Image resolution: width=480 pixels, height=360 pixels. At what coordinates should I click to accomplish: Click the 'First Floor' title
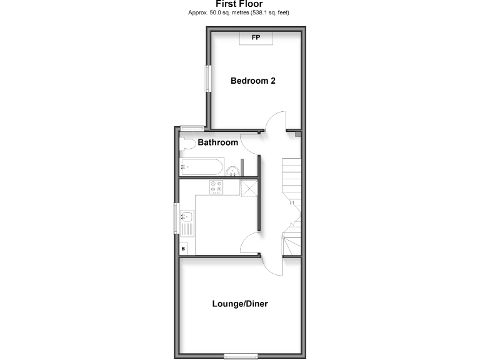pos(240,4)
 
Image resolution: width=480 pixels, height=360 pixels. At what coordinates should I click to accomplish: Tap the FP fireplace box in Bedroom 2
pos(255,37)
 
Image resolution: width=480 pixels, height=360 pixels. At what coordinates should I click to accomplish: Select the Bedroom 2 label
pos(253,81)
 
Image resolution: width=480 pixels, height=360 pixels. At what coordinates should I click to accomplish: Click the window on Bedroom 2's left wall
pos(207,78)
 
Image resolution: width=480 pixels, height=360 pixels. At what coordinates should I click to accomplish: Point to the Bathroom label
pos(218,142)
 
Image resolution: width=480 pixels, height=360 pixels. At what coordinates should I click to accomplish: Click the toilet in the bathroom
pos(187,145)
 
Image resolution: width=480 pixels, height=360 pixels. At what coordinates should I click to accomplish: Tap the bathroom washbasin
pos(232,171)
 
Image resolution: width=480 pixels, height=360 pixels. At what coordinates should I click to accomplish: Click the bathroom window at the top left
pos(189,128)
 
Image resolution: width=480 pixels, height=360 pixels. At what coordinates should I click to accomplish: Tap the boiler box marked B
pos(183,249)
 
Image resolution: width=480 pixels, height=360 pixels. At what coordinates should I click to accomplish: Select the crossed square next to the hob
pos(249,187)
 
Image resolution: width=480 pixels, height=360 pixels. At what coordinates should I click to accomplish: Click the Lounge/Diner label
pos(240,304)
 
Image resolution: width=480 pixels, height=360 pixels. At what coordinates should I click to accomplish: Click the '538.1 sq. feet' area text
pos(270,12)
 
